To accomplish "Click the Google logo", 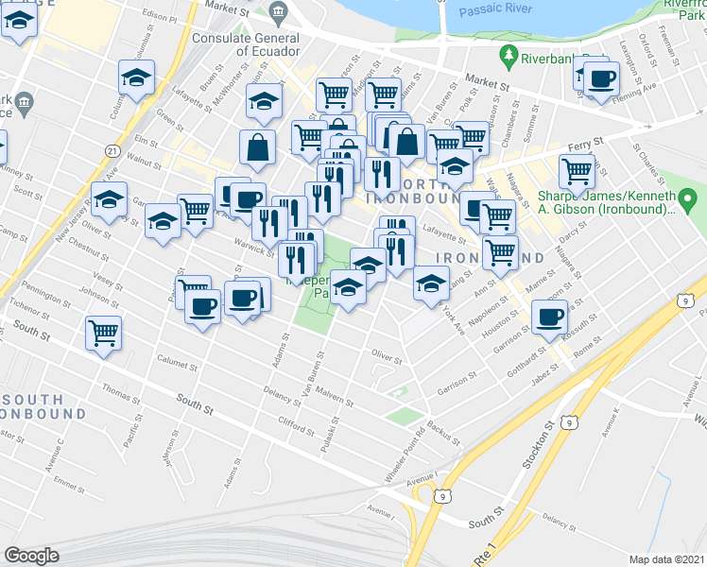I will tap(31, 556).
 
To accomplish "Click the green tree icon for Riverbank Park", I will tap(511, 58).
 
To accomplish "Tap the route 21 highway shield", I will tap(112, 151).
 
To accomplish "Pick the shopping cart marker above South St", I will tap(103, 332).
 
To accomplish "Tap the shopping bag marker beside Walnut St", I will tap(258, 147).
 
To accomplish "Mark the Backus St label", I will tap(443, 432).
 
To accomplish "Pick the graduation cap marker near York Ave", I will tap(430, 283).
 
